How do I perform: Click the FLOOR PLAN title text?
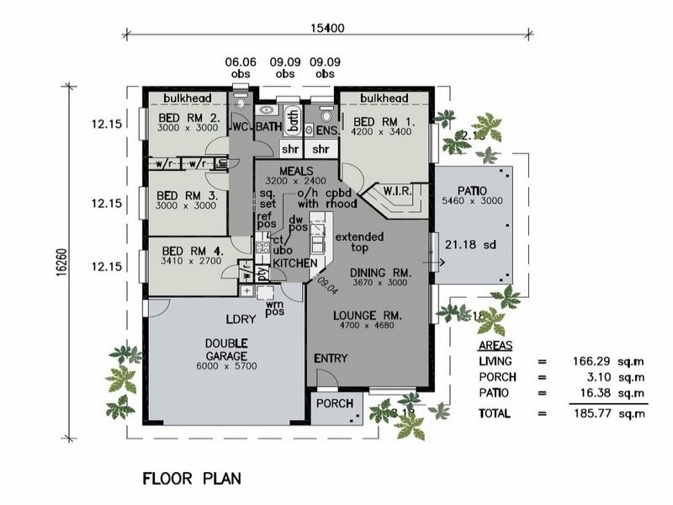pos(191,478)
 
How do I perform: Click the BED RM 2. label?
pos(189,119)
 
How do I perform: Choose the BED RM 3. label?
pos(188,194)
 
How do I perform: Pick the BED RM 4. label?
pos(189,250)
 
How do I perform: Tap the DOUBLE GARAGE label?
pos(226,348)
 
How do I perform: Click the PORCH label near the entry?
pos(333,403)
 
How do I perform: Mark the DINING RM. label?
pos(379,273)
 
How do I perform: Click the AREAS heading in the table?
pos(496,346)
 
